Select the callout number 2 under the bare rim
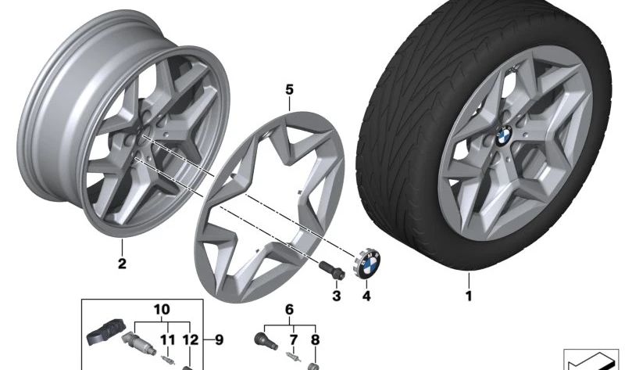coord(122,264)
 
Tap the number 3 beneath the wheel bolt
coord(337,296)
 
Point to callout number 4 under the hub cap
coord(366,296)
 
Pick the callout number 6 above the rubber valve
coord(290,310)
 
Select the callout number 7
coord(295,340)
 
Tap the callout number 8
coord(316,340)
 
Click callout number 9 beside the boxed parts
coord(219,339)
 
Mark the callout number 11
coord(166,339)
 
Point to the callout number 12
coord(187,339)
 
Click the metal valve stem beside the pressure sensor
coord(139,345)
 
